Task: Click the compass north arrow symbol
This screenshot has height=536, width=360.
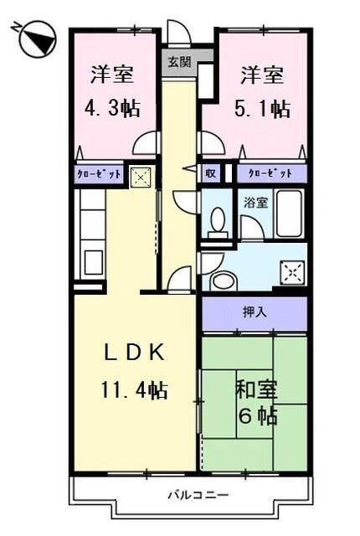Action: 33,39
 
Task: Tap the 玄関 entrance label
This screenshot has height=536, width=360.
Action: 177,61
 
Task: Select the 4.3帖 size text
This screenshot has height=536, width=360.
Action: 112,108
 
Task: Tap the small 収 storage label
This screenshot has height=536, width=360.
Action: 212,173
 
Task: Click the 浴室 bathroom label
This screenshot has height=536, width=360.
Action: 255,203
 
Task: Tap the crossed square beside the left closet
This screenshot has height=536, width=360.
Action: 141,177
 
